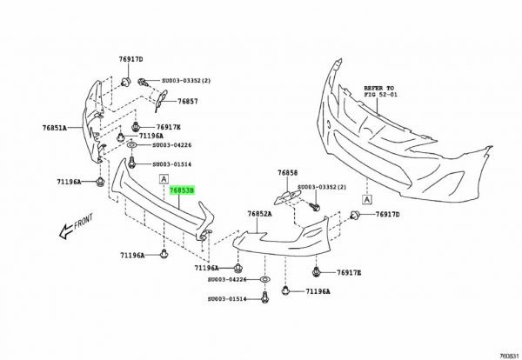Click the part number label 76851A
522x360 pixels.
[54, 128]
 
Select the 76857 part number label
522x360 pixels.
[187, 101]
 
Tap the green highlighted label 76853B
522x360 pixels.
[182, 190]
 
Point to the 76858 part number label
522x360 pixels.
[288, 173]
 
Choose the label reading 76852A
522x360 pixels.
[259, 214]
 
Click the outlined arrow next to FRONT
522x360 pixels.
[66, 230]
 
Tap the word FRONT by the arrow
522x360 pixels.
[84, 221]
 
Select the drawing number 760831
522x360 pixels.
[510, 356]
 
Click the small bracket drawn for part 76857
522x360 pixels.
[161, 99]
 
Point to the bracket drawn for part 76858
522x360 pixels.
[286, 197]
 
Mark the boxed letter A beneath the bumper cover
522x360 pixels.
[366, 200]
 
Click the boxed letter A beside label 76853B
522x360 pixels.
[164, 179]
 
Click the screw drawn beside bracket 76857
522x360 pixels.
[143, 81]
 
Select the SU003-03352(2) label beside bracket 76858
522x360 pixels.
[322, 187]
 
